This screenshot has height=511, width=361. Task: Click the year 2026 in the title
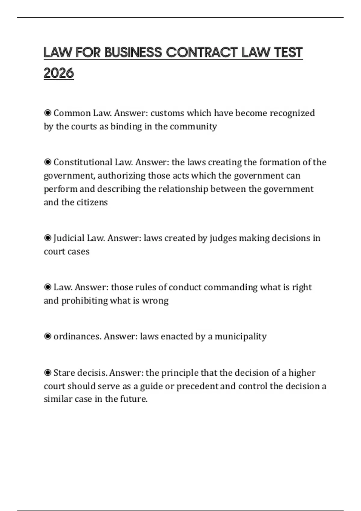(59, 73)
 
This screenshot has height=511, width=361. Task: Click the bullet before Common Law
(48, 113)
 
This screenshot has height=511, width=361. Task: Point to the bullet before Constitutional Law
(48, 162)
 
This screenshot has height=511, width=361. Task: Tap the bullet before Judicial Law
(48, 238)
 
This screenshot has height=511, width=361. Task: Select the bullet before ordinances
(48, 336)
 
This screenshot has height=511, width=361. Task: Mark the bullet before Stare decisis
(48, 373)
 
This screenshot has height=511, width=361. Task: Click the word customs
(167, 113)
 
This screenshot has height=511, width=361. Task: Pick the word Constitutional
(83, 162)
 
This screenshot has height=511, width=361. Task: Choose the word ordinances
(76, 336)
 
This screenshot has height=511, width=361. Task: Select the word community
(193, 126)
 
